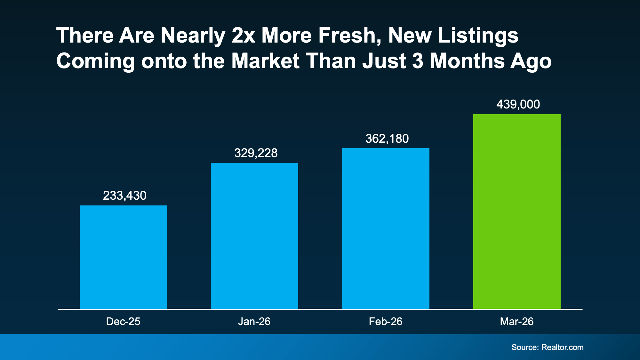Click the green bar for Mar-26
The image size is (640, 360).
click(517, 211)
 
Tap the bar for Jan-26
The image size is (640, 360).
click(254, 236)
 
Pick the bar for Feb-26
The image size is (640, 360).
click(386, 228)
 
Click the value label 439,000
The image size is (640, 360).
click(518, 104)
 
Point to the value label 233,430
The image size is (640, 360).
click(124, 196)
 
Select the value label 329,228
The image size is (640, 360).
click(256, 153)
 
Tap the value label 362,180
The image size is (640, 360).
click(387, 139)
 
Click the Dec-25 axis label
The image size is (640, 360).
click(123, 322)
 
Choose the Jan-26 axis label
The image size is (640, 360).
click(254, 322)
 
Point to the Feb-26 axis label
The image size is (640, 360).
click(386, 322)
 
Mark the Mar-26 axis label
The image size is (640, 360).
click(517, 322)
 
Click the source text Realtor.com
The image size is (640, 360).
click(562, 348)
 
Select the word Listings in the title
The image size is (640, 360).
click(478, 36)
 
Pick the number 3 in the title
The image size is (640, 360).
click(418, 61)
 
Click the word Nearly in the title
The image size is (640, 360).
click(193, 36)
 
